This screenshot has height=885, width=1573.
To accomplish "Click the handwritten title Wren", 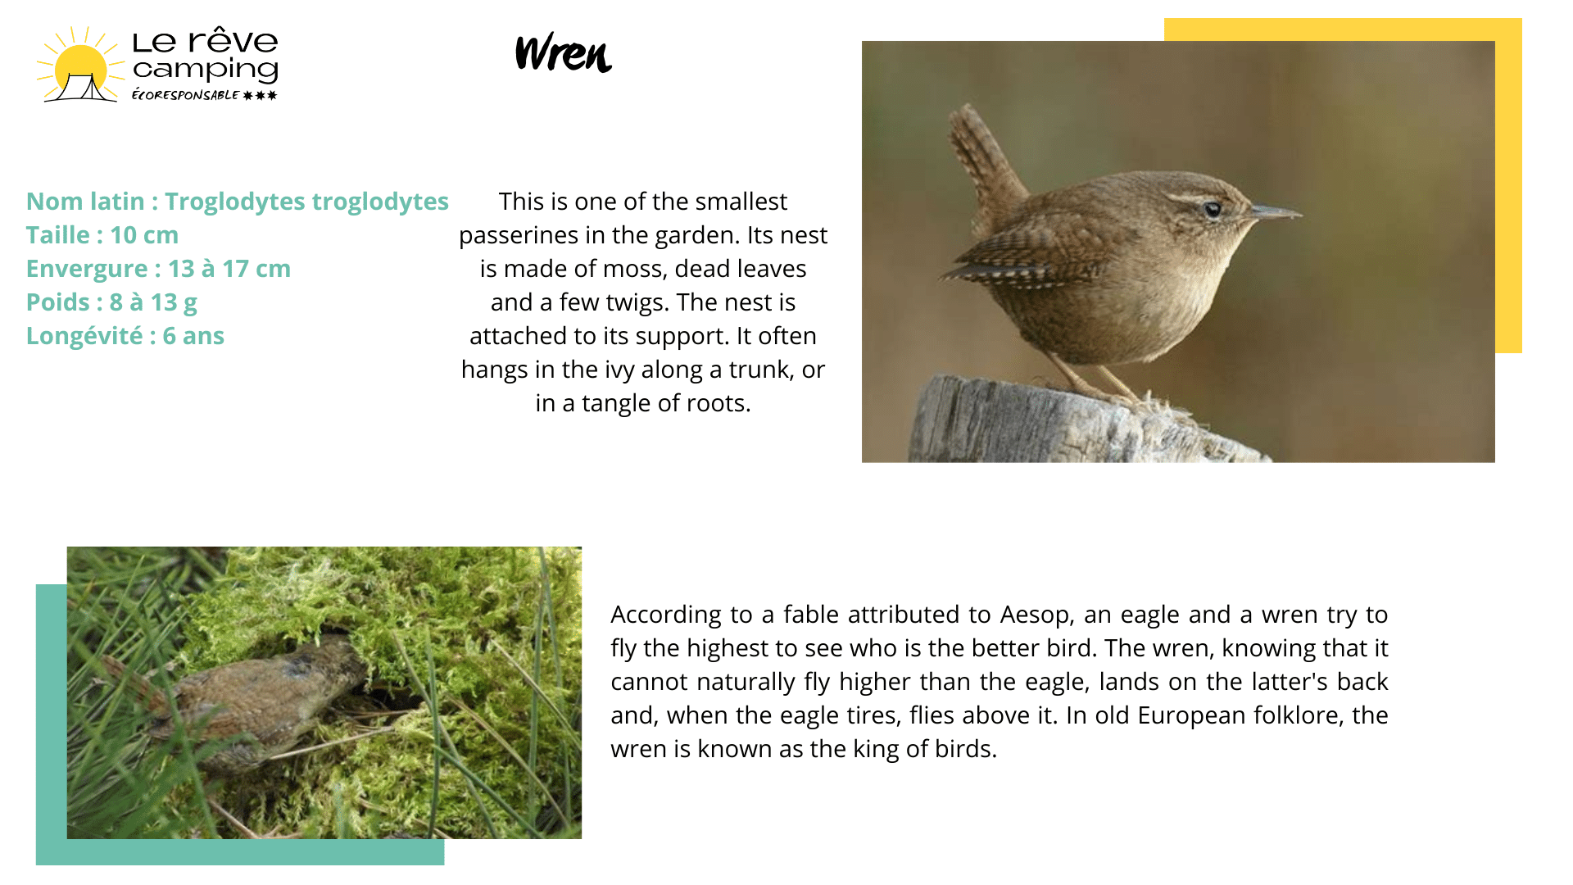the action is [564, 53].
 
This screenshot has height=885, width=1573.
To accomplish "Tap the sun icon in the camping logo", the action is [79, 66].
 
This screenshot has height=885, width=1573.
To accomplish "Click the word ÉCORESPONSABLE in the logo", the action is [185, 95].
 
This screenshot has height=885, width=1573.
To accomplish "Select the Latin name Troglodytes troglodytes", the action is [306, 202].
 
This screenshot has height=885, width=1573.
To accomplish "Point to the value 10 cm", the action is [144, 235].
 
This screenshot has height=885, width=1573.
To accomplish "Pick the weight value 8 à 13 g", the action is [153, 302].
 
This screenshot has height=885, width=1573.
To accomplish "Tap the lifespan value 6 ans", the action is [193, 336].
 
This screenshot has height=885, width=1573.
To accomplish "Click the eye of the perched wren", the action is [1213, 209].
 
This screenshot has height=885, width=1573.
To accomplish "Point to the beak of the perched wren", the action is [1276, 213].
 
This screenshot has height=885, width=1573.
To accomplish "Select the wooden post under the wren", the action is [1081, 420].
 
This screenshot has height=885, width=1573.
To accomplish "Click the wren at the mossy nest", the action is [246, 697].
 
